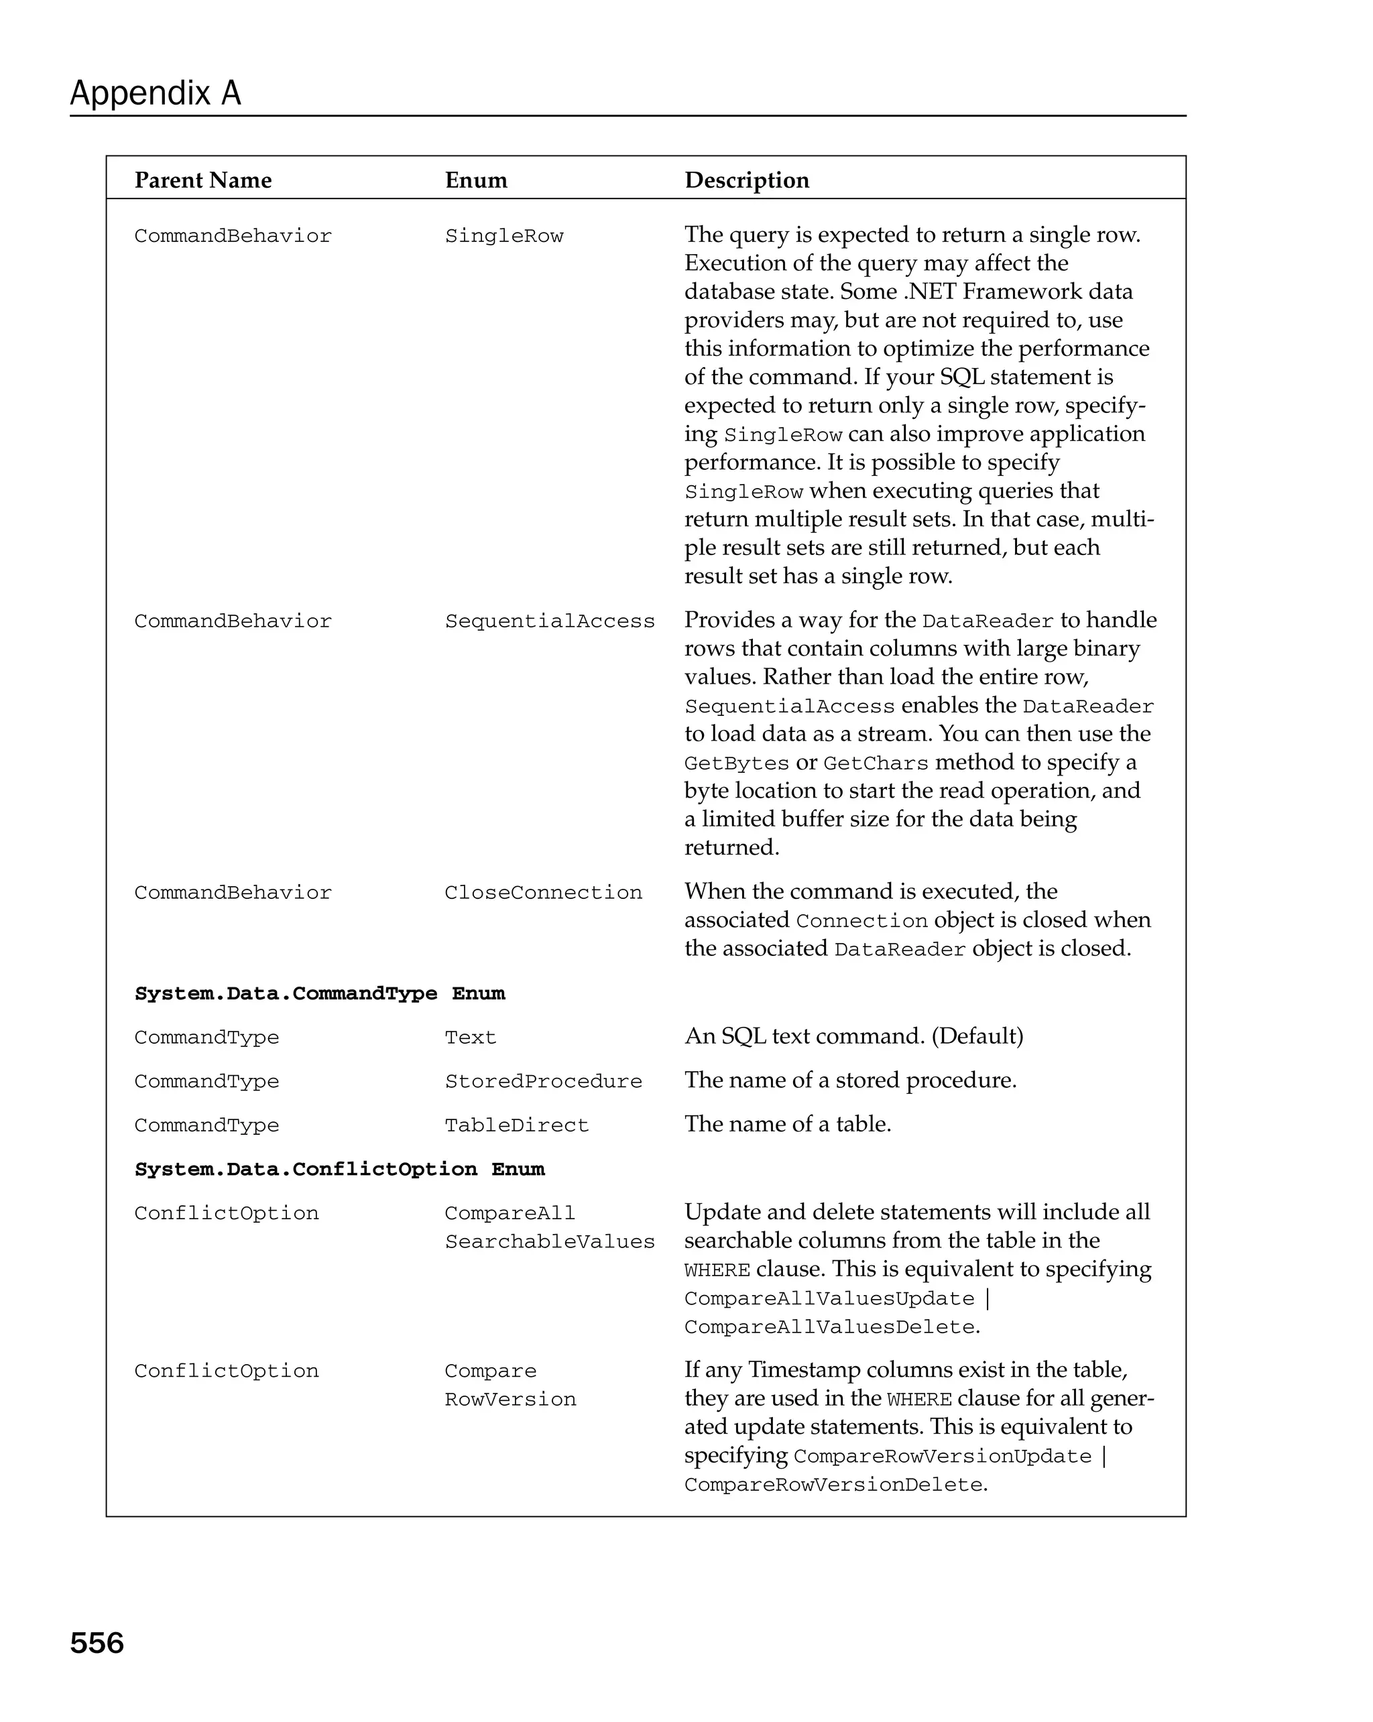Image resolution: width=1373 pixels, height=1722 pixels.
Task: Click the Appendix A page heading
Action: (155, 93)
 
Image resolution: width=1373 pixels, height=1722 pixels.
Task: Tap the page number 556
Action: (97, 1643)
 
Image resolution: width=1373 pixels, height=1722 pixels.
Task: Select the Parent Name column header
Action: (203, 180)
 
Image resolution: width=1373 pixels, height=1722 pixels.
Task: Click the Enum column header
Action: (475, 180)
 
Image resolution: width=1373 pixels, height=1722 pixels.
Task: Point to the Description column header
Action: (746, 180)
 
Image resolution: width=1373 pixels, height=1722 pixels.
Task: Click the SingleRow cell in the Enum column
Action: (503, 237)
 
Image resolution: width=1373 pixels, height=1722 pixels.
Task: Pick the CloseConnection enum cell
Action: (542, 893)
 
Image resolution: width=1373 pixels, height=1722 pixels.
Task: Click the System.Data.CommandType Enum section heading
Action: (320, 993)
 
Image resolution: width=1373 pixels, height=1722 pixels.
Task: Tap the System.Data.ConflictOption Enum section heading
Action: (339, 1169)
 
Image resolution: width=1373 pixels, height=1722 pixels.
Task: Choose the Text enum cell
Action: (470, 1038)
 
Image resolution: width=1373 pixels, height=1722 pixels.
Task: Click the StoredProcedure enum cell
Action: (542, 1081)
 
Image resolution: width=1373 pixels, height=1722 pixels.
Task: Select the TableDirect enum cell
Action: (516, 1125)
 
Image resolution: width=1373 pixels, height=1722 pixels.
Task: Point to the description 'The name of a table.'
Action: (787, 1125)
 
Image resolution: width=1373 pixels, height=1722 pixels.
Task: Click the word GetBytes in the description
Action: (735, 763)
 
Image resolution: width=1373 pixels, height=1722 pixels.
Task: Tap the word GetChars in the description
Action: (876, 763)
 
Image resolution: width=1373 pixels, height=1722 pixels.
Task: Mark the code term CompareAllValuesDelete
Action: (829, 1327)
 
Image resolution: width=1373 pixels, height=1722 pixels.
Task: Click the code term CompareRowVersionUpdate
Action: (942, 1457)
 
